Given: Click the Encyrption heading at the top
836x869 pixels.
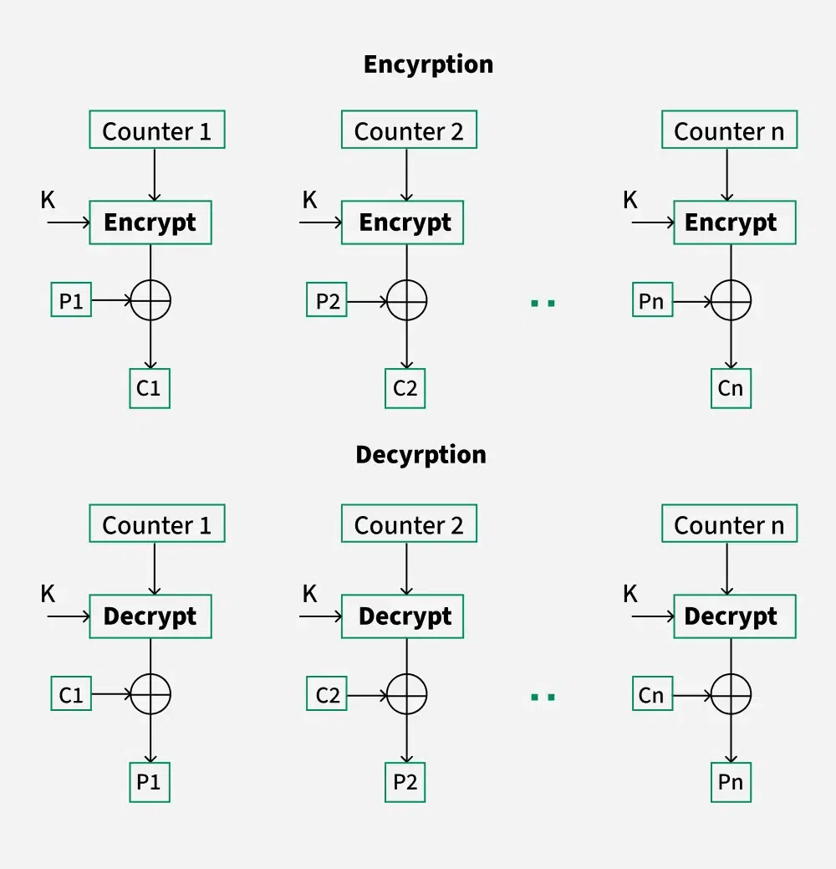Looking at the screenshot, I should tap(428, 64).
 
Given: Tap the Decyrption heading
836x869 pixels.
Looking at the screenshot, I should tap(421, 454).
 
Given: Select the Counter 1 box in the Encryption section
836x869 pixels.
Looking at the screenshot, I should tap(156, 130).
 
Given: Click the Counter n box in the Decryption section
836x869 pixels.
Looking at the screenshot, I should tap(729, 524).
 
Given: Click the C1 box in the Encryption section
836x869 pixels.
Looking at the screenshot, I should tap(150, 388).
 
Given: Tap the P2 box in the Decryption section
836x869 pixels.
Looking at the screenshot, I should tap(405, 782).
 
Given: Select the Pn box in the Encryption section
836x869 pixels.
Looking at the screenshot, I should tap(652, 300).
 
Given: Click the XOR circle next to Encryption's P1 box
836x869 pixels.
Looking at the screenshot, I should tap(150, 300).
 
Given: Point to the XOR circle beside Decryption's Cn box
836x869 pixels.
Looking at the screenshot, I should tap(731, 694).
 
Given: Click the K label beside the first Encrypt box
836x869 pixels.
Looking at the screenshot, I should tap(48, 200).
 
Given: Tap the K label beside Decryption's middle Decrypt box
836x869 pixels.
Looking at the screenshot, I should tap(309, 594).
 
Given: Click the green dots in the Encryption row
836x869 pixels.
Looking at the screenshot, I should tap(543, 302).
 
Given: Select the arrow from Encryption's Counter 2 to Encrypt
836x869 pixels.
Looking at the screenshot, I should tap(406, 175).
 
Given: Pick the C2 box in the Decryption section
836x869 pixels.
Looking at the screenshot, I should tap(328, 694).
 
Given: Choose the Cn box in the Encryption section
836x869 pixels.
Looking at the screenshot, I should tap(731, 388).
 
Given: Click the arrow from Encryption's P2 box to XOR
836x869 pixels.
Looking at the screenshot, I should tap(366, 300).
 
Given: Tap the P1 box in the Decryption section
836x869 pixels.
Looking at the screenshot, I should tap(150, 782).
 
